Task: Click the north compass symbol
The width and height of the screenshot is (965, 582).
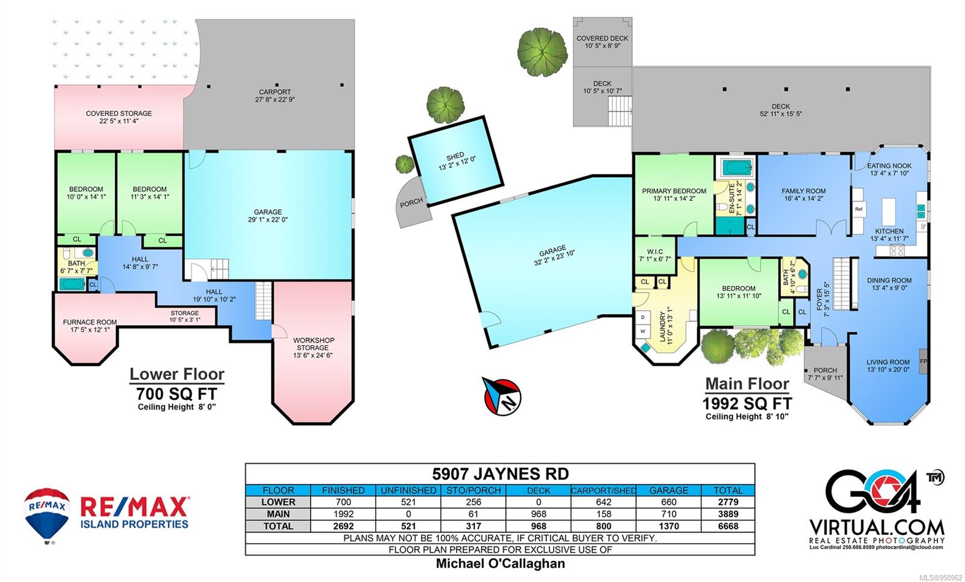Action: [x=501, y=396]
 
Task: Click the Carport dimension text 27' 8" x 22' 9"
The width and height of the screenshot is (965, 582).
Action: [x=275, y=100]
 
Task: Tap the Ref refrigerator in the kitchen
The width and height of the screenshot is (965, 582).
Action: [x=859, y=209]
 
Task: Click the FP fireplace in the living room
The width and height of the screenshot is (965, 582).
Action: [x=923, y=361]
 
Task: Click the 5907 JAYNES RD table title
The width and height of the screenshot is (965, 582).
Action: [x=500, y=474]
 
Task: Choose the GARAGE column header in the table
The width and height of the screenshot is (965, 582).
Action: [x=669, y=490]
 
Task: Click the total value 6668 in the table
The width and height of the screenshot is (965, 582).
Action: [x=728, y=526]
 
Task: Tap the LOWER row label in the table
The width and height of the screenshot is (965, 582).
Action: [x=278, y=502]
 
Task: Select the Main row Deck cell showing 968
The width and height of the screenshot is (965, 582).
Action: [x=539, y=514]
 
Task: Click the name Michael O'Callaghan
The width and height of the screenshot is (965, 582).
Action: [x=500, y=563]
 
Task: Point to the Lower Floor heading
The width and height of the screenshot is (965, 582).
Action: [x=177, y=374]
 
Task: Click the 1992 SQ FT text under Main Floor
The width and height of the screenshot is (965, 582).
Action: [x=747, y=403]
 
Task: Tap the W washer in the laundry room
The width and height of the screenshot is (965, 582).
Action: [x=643, y=331]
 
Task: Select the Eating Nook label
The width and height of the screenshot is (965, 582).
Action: [x=889, y=166]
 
